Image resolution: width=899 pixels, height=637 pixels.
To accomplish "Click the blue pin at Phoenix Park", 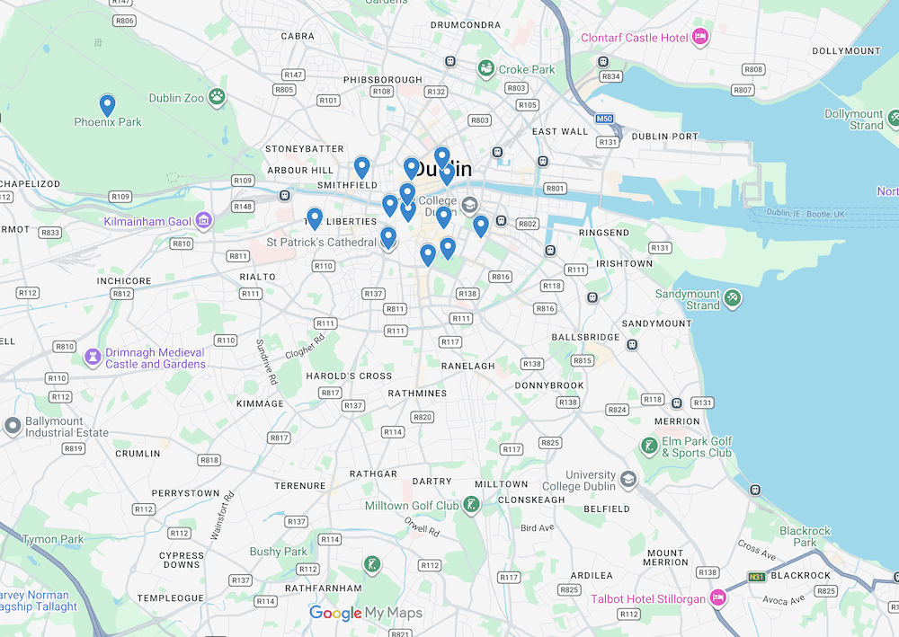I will [107, 105].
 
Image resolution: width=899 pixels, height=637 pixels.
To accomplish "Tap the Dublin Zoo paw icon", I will [217, 97].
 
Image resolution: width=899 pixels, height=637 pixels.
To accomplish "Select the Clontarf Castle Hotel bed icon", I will [700, 37].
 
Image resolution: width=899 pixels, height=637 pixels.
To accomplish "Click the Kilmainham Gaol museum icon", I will [204, 220].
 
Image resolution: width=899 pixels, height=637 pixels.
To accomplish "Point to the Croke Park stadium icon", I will [486, 69].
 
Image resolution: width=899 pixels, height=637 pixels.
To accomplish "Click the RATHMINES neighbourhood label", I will [417, 393].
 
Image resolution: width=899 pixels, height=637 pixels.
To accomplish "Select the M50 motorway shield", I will [604, 119].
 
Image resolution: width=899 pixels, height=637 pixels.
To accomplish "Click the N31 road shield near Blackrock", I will [757, 576].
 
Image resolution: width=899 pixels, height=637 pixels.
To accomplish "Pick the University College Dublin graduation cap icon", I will [628, 479].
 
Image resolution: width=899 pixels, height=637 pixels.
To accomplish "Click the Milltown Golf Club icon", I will [470, 506].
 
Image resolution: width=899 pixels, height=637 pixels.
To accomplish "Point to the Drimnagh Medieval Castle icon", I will [92, 358].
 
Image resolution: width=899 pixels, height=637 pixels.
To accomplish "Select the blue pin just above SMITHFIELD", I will [361, 166].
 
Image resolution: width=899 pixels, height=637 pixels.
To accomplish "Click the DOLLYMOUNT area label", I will [846, 50].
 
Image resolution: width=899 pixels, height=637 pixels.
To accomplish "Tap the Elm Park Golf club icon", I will [649, 446].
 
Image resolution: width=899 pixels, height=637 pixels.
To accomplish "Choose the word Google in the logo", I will [335, 613].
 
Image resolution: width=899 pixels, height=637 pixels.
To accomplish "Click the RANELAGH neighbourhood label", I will [467, 366].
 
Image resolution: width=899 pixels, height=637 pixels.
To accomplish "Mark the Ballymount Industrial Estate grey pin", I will [13, 426].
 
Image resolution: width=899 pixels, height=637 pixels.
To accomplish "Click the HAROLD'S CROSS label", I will [349, 376].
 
